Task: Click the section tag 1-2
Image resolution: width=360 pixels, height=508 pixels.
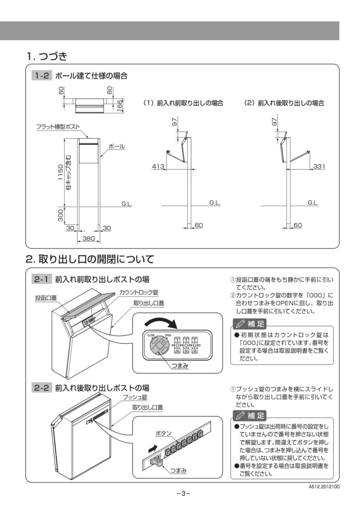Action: tap(41, 76)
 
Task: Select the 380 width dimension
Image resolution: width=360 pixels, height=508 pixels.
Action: tap(88, 239)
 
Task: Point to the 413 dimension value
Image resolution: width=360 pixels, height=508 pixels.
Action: tap(158, 167)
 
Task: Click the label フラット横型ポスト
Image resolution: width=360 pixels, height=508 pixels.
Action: tap(58, 127)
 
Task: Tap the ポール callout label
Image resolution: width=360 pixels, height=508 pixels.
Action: tap(116, 147)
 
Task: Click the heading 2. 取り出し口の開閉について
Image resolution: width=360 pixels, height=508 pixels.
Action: tap(90, 259)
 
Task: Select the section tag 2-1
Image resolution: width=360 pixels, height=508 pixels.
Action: tap(41, 279)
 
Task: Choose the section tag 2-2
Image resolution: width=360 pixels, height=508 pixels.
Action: tap(41, 388)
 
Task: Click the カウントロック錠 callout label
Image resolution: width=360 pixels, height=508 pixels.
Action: tap(139, 292)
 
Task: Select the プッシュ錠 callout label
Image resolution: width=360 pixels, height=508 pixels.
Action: tap(135, 397)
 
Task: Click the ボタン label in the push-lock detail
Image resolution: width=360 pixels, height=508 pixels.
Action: tap(164, 433)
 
